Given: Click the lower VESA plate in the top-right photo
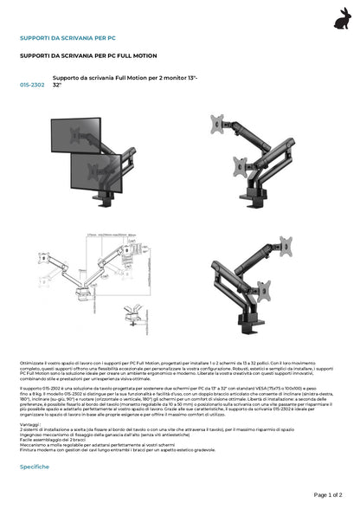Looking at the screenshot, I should pos(240,164).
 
